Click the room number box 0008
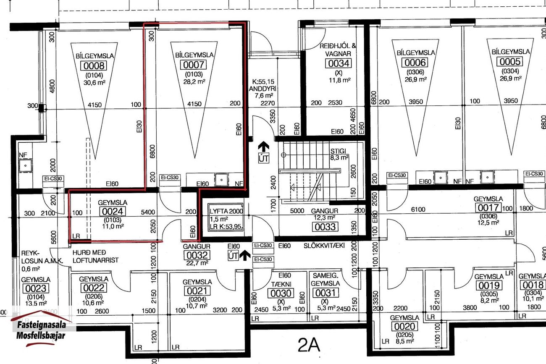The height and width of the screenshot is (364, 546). pos(94,66)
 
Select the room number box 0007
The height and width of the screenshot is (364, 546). pos(194,65)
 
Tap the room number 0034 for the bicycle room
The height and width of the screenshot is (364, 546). pos(339,63)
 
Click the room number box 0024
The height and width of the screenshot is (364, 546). pos(113,211)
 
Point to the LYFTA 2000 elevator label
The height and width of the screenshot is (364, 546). pos(226,211)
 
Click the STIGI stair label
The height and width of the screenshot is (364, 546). pos(338,151)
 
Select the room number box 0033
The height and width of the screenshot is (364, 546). pos(325,227)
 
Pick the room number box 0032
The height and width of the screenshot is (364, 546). pos(197,255)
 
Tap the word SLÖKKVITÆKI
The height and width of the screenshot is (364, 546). pos(324,246)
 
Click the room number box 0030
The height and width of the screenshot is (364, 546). pos(281,293)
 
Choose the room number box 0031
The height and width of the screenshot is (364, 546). pos(325,293)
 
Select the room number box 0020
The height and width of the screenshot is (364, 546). pos(404,326)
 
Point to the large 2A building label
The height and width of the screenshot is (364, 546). pos(309,345)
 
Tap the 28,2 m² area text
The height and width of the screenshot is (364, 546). pos(194,81)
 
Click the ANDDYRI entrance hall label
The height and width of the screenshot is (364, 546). pos(262,89)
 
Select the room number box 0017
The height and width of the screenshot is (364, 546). pos(488,207)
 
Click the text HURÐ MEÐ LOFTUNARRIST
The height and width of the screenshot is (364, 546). pos(96,256)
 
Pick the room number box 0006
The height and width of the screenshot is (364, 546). pos(415,63)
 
